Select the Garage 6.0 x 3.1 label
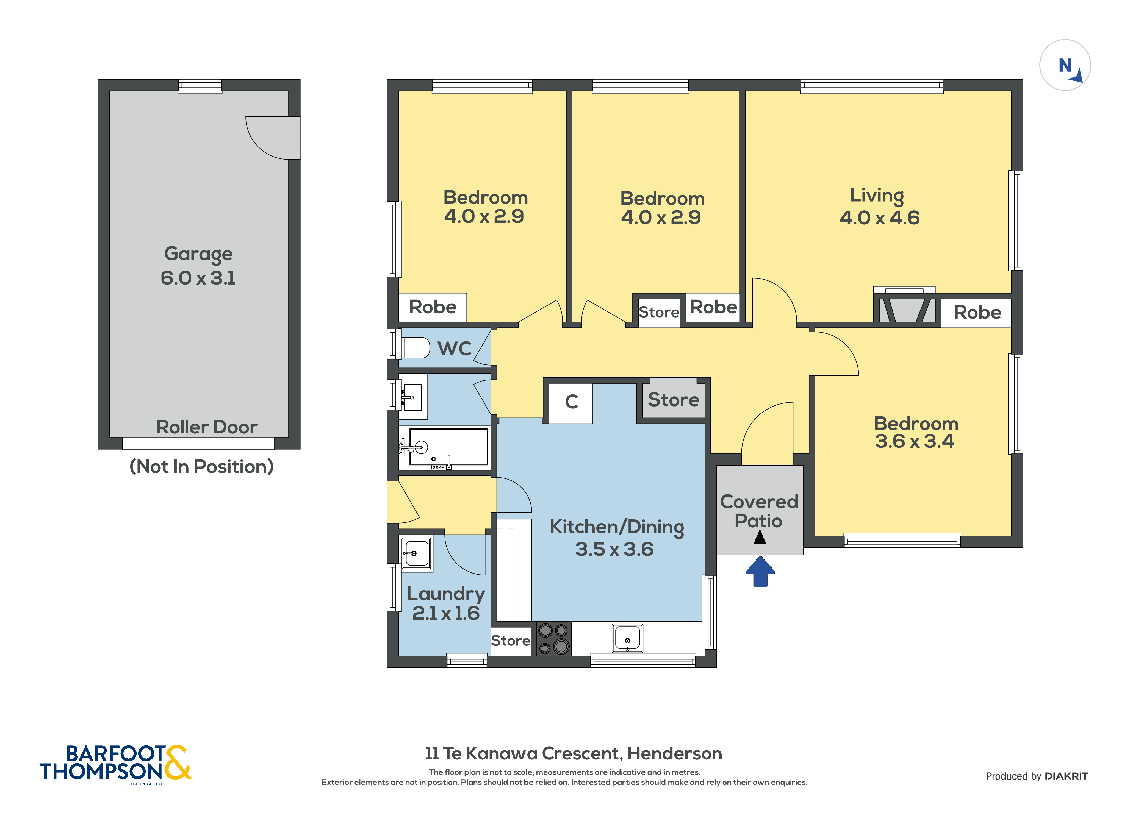pos(198,266)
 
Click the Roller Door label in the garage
pos(207,427)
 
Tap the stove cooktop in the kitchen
pos(553,638)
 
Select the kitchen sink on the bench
pos(627,638)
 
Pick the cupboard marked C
pos(571,402)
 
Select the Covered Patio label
pos(759,511)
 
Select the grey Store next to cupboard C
pos(673,400)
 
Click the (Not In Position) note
pos(201,466)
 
